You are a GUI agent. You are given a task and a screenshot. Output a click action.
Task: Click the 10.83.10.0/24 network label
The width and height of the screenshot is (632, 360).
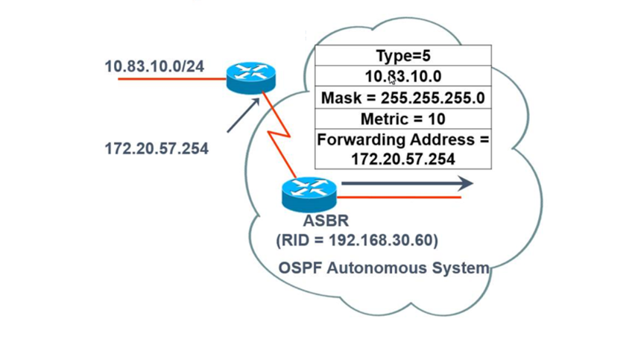pyautogui.click(x=154, y=66)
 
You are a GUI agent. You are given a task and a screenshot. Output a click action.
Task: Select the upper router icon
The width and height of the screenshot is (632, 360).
pyautogui.click(x=251, y=78)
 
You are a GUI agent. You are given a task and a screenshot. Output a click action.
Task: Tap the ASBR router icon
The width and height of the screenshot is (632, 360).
pyautogui.click(x=309, y=194)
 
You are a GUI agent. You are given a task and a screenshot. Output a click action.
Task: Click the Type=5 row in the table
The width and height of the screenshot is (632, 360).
pyautogui.click(x=402, y=56)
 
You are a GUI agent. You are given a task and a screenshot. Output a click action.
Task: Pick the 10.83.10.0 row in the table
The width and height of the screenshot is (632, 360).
pyautogui.click(x=402, y=76)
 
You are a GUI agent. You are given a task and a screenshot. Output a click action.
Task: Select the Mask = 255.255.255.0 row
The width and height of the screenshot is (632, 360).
pyautogui.click(x=402, y=98)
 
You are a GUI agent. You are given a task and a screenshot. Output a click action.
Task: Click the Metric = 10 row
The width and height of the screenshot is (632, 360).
pyautogui.click(x=402, y=119)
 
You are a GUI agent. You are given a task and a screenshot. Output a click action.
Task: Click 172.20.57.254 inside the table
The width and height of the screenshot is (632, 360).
pyautogui.click(x=402, y=158)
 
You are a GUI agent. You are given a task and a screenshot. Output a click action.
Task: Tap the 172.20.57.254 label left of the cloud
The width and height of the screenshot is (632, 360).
pyautogui.click(x=157, y=148)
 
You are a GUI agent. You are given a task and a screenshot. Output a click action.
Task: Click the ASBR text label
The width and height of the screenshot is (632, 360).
pyautogui.click(x=326, y=221)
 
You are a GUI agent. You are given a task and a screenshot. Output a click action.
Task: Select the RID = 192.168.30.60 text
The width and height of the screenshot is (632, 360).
pyautogui.click(x=357, y=240)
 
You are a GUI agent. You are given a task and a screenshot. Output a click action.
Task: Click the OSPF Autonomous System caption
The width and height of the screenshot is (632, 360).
pyautogui.click(x=384, y=268)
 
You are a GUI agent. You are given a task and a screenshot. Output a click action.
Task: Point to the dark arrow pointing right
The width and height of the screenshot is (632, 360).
pyautogui.click(x=406, y=183)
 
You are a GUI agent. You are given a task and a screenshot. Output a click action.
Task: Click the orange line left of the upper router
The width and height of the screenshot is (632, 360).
pyautogui.click(x=171, y=78)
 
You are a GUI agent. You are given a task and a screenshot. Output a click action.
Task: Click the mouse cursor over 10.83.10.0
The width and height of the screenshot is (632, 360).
pyautogui.click(x=393, y=80)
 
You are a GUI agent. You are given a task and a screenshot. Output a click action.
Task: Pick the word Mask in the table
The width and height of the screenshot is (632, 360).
pyautogui.click(x=339, y=98)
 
